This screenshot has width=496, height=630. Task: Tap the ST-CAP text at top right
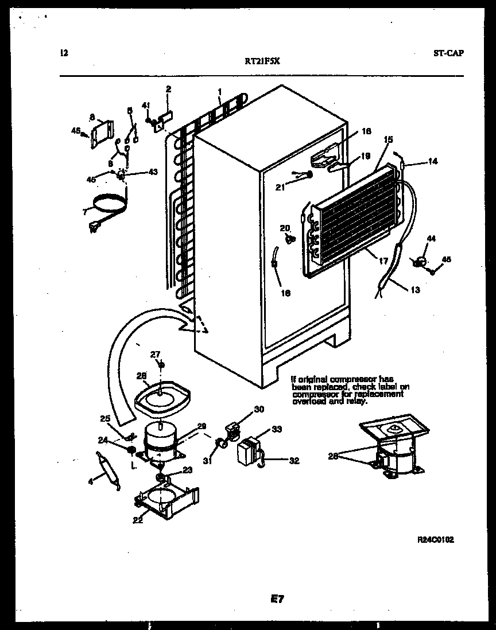pyautogui.click(x=449, y=53)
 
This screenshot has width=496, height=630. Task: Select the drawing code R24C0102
pyautogui.click(x=436, y=540)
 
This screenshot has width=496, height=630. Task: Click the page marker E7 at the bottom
pyautogui.click(x=277, y=599)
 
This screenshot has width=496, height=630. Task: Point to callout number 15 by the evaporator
pyautogui.click(x=388, y=139)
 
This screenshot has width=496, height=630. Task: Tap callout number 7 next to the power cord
pyautogui.click(x=84, y=212)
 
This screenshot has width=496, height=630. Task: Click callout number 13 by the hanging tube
pyautogui.click(x=415, y=290)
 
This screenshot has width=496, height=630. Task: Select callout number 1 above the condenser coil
pyautogui.click(x=220, y=91)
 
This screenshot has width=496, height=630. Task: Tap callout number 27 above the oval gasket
pyautogui.click(x=154, y=355)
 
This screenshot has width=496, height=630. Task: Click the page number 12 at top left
pyautogui.click(x=64, y=53)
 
